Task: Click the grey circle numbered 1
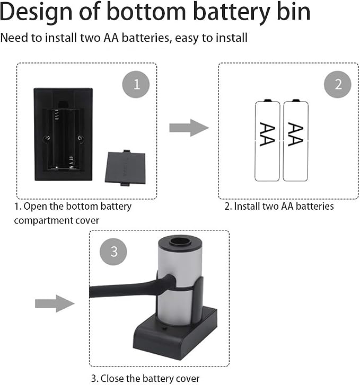136,84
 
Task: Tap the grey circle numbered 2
338,84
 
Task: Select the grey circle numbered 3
113,252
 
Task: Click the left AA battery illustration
267,140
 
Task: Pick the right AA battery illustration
295,140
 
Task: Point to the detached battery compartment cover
126,168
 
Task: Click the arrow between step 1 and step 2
189,128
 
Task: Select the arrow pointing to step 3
55,303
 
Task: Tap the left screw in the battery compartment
47,138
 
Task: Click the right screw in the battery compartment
80,138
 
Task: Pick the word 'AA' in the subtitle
111,38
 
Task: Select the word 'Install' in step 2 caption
247,206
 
